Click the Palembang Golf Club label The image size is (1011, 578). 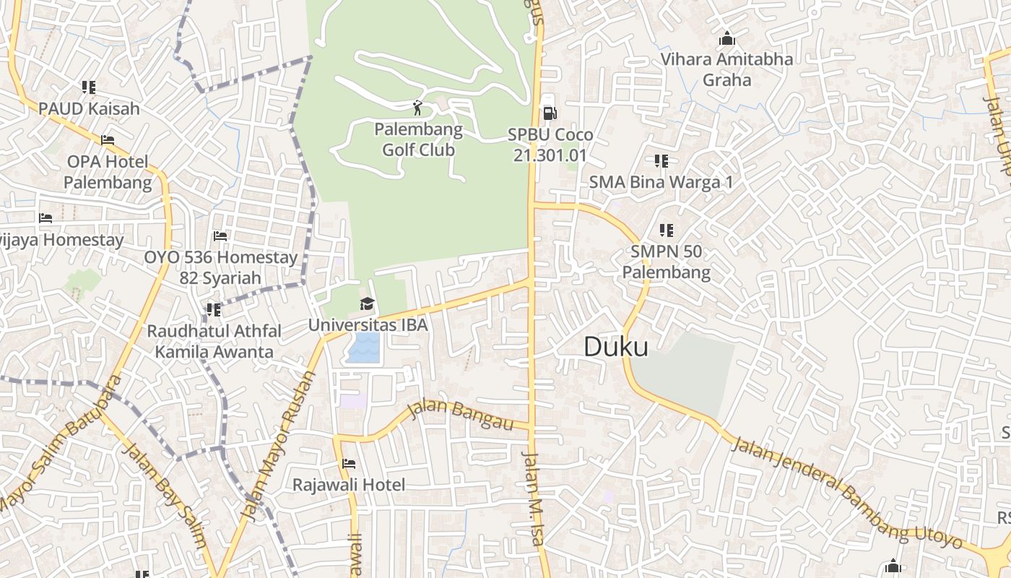(418, 140)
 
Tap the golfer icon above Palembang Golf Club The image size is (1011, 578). (417, 108)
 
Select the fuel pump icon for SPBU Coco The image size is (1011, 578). (550, 113)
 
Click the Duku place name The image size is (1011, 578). (615, 347)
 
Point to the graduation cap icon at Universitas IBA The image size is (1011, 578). (367, 304)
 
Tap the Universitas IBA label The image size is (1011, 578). (368, 325)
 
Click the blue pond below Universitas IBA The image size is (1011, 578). (363, 347)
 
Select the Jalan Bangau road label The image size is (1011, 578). (460, 413)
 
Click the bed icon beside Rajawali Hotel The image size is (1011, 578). (349, 464)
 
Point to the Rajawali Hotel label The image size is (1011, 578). (349, 485)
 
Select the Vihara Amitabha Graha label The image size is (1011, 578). (726, 69)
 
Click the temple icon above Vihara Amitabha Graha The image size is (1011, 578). (727, 38)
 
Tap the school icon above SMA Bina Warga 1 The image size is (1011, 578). (661, 160)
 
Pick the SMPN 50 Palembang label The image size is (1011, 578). (666, 262)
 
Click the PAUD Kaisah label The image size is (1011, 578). (89, 108)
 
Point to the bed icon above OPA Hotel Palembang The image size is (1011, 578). (108, 140)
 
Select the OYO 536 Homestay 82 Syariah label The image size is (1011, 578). (220, 267)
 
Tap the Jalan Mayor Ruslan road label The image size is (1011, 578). (278, 447)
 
